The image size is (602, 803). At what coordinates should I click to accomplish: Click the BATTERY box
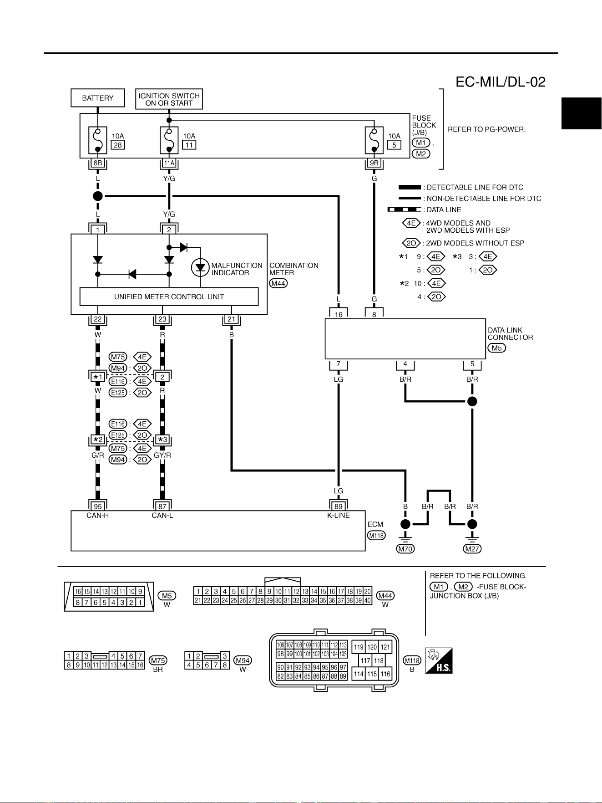[x=98, y=98]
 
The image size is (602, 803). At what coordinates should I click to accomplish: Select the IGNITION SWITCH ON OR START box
[x=169, y=99]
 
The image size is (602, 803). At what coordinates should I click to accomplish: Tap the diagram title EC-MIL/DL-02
[x=501, y=82]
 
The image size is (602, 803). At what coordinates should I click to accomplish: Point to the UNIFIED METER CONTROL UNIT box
[x=169, y=297]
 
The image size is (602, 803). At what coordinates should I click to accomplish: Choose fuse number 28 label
[x=118, y=145]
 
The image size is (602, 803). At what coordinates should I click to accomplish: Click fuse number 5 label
[x=394, y=145]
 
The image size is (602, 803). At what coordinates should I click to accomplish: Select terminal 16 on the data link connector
[x=339, y=314]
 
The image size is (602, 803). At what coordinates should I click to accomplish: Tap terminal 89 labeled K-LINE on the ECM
[x=339, y=506]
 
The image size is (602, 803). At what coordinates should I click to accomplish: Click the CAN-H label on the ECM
[x=98, y=516]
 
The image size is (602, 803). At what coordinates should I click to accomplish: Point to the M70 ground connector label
[x=405, y=549]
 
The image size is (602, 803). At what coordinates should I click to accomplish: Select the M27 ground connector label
[x=472, y=549]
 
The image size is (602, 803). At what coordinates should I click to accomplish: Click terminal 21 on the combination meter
[x=231, y=319]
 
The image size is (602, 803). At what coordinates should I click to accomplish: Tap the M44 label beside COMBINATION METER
[x=278, y=283]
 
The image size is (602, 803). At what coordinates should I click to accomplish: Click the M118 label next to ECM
[x=376, y=535]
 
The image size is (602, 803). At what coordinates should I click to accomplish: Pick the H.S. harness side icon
[x=439, y=660]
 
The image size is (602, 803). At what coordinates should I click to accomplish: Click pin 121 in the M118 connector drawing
[x=385, y=647]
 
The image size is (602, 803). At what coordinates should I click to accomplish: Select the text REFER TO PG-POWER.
[x=487, y=129]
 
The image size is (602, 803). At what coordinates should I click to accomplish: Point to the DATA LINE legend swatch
[x=404, y=210]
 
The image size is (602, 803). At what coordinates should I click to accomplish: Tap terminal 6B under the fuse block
[x=98, y=163]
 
